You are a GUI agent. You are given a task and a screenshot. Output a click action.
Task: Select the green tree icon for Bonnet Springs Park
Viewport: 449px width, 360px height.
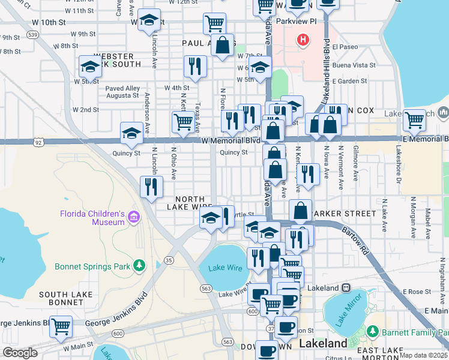(139, 265)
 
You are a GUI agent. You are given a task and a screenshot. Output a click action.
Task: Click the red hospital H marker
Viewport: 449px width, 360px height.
(304, 40)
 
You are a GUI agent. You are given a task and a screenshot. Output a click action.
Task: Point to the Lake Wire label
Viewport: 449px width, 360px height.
(223, 268)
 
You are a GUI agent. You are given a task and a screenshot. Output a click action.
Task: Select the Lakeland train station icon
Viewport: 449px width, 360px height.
(346, 287)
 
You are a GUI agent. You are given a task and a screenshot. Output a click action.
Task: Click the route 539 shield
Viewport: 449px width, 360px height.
(34, 35)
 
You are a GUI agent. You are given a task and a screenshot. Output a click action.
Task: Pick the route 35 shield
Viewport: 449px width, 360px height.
(169, 260)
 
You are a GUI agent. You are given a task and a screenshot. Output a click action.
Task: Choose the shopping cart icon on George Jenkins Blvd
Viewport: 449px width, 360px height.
(61, 326)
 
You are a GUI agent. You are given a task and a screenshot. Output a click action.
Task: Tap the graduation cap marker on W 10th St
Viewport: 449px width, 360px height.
(149, 20)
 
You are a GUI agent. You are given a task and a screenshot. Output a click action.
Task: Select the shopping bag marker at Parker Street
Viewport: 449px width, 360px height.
(301, 211)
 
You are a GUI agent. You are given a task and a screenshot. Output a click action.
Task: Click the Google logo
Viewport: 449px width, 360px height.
(20, 353)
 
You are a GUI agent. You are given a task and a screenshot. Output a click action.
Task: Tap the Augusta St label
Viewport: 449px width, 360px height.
(122, 95)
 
